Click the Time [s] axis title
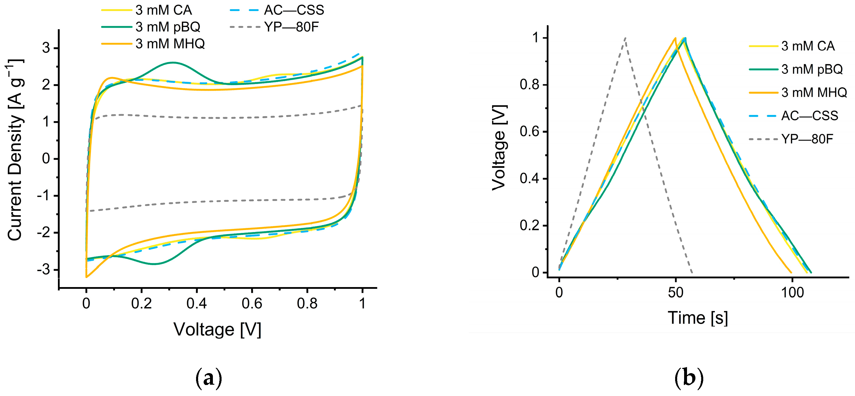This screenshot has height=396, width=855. point(698,318)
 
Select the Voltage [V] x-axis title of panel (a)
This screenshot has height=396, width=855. point(218,330)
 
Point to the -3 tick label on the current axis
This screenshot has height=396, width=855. point(43,269)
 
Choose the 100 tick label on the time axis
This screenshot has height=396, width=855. point(792,292)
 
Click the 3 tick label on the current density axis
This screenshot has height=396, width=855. point(46,48)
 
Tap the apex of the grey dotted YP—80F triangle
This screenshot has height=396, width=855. point(625,38)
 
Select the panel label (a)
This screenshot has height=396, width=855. point(209,378)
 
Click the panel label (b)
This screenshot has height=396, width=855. point(689,378)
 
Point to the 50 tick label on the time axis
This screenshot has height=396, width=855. point(676,292)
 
